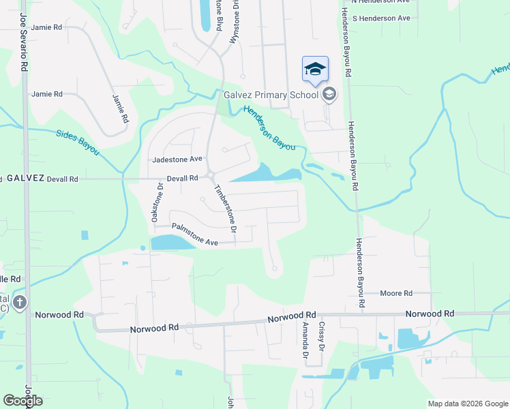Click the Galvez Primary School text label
[x=271, y=95]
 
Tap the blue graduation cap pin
[x=315, y=70]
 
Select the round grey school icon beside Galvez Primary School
[x=329, y=94]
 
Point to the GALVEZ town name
[x=25, y=178]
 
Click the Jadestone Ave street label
[x=177, y=159]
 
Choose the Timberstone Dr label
[x=225, y=211]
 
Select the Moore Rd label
[x=397, y=293]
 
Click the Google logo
[x=22, y=400]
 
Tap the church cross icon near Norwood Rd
[x=20, y=302]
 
